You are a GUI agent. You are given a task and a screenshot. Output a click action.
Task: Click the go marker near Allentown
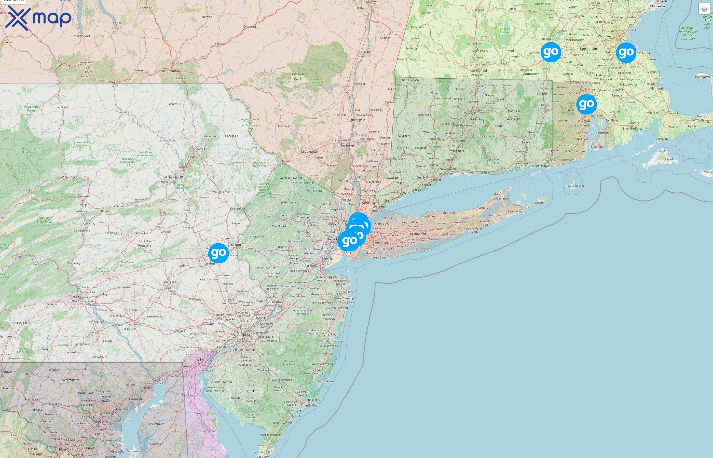[x=218, y=253]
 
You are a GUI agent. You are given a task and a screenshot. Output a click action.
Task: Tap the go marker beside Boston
[x=626, y=53]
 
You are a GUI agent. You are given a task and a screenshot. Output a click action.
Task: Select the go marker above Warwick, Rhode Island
[x=586, y=104]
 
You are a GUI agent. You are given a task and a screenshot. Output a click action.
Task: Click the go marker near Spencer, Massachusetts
[x=551, y=52]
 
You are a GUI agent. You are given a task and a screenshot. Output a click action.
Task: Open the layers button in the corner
[x=704, y=9]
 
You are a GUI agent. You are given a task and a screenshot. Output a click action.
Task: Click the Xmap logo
[x=38, y=18]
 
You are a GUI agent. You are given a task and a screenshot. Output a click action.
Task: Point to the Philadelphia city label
[x=240, y=335]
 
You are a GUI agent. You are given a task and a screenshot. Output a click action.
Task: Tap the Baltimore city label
[x=106, y=414]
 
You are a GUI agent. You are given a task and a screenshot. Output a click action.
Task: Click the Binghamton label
[x=171, y=71]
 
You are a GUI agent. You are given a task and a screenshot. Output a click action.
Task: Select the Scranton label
[x=194, y=157]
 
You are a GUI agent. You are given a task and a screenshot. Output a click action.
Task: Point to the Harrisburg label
[x=80, y=296]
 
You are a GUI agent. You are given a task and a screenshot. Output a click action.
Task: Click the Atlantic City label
[x=309, y=405]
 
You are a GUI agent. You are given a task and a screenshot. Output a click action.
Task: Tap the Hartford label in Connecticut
[x=469, y=113]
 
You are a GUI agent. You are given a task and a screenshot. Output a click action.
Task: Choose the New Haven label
[x=448, y=169]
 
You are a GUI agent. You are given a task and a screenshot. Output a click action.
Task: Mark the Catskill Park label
[x=298, y=76]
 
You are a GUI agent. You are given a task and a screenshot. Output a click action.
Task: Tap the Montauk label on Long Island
[x=539, y=203]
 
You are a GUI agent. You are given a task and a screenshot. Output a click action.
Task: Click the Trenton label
[x=277, y=302]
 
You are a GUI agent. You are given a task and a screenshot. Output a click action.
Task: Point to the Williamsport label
[x=70, y=178]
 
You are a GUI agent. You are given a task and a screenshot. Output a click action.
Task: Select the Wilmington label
[x=204, y=360]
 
